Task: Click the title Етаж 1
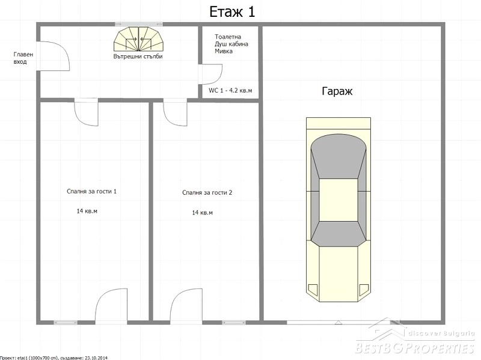(232, 12)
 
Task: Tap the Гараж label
(337, 91)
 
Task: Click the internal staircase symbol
(139, 39)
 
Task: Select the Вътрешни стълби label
(138, 56)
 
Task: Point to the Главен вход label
(23, 58)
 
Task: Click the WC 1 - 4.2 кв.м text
(230, 91)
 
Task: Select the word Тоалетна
(228, 37)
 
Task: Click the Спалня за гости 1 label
(91, 191)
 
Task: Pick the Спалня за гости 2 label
(207, 192)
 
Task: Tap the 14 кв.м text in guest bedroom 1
(87, 211)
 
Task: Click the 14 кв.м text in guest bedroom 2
(202, 213)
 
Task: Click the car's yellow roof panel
(339, 200)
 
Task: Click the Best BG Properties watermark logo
(415, 337)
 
